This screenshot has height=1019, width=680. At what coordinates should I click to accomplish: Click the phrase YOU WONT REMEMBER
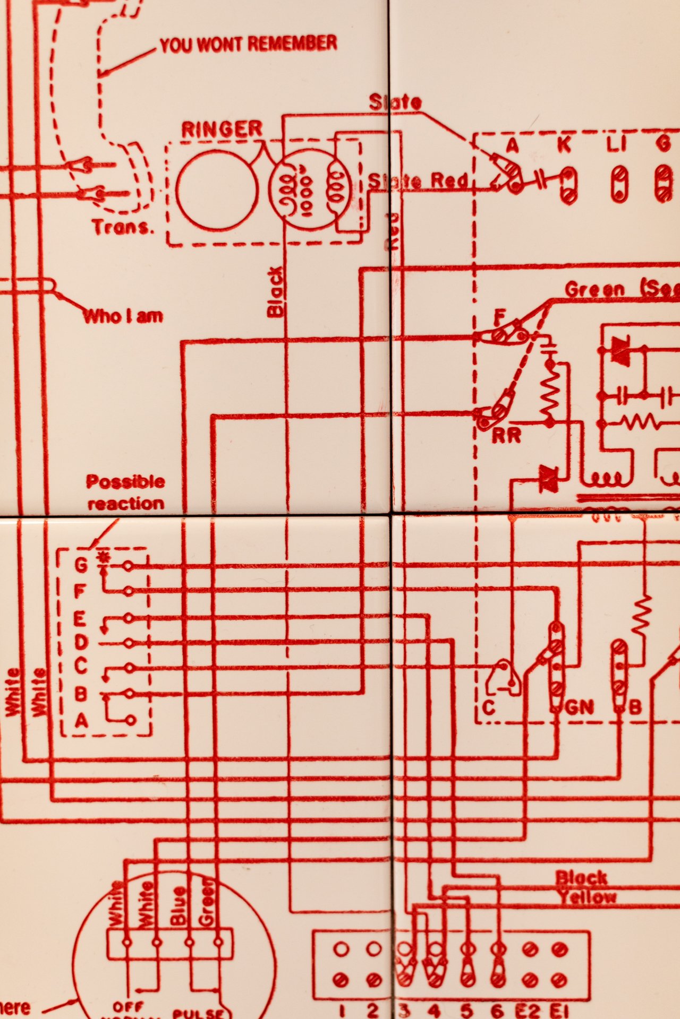248,44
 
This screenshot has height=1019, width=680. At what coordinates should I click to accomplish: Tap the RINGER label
222,129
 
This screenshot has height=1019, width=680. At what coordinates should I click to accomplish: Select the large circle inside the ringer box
217,190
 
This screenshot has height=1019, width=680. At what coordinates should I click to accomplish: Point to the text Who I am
123,316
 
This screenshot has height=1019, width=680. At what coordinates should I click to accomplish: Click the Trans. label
123,227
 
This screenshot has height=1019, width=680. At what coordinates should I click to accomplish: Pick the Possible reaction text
126,493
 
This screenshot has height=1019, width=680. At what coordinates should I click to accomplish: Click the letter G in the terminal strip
81,565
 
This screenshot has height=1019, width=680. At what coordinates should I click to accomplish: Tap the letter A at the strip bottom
81,721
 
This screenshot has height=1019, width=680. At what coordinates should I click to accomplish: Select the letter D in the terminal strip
81,643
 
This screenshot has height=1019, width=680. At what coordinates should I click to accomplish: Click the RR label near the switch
506,436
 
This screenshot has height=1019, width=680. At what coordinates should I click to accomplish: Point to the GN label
579,707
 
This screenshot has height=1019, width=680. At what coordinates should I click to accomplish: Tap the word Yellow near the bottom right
586,897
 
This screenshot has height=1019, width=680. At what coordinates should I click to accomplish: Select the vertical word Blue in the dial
178,905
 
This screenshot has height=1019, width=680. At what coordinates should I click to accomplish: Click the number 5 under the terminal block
466,1011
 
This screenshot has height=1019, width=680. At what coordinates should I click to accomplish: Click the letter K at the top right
564,145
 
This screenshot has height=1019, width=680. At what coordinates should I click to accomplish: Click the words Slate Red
418,182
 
